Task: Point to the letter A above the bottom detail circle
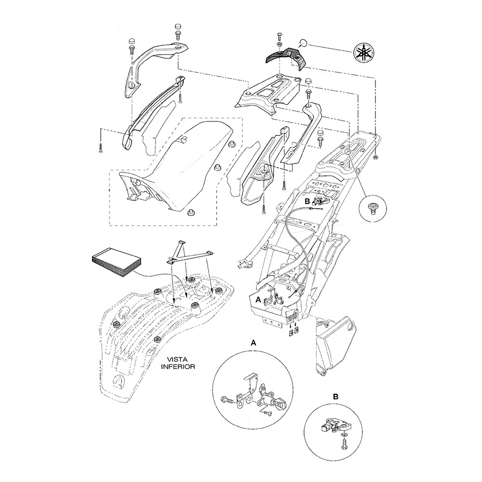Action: (253, 343)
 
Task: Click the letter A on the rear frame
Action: (258, 299)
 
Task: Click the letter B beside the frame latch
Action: (306, 200)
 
